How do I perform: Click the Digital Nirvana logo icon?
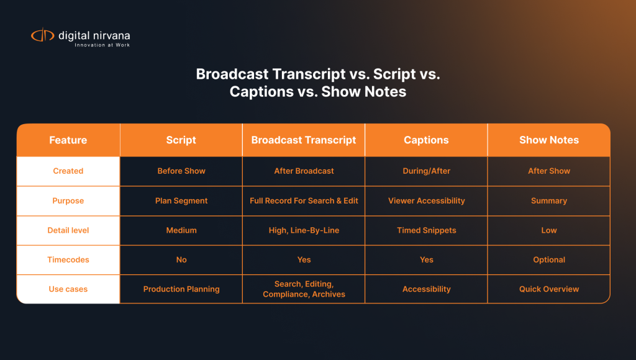coord(43,36)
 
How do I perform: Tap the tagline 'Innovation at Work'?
coord(102,45)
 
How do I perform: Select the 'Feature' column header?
coord(68,140)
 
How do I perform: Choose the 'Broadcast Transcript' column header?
coord(304,140)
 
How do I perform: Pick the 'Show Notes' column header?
coord(549,140)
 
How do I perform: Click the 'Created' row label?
coord(68,171)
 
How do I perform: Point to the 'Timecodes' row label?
coord(68,260)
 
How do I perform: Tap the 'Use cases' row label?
coord(68,289)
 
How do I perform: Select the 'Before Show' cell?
coord(181,171)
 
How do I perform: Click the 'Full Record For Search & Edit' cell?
coord(304,201)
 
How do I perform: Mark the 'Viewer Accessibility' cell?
coord(427,201)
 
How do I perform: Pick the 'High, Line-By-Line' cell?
coord(304,230)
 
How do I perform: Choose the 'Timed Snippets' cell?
coord(427,230)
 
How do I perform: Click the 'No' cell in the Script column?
coord(181,260)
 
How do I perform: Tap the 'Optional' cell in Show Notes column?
coord(549,260)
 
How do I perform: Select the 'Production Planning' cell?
coord(181,289)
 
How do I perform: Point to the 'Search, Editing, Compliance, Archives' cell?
coord(304,289)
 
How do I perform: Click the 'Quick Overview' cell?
coord(549,289)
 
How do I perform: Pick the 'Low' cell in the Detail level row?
coord(549,230)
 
